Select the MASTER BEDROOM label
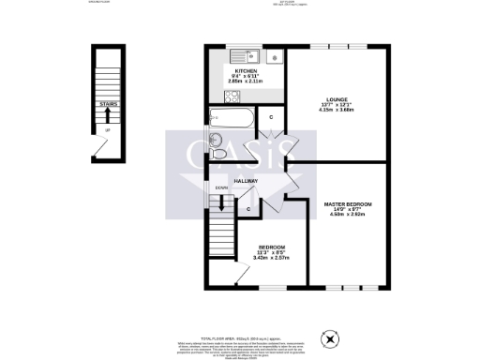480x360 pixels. click(x=348, y=203)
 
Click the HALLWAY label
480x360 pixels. click(x=246, y=180)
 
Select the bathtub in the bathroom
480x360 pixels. click(x=230, y=118)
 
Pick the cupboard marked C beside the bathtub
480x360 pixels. click(x=270, y=117)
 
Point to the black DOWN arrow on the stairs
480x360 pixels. click(x=221, y=201)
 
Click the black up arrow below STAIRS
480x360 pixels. click(x=108, y=116)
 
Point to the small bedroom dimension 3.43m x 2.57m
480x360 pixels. click(x=271, y=257)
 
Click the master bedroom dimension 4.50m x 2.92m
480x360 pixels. click(x=348, y=215)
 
